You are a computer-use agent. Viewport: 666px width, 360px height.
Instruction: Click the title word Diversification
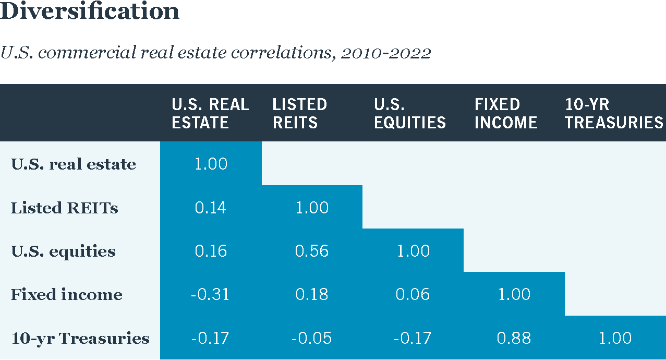click(90, 11)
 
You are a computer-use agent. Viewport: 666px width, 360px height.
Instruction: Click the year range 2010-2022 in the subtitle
click(385, 53)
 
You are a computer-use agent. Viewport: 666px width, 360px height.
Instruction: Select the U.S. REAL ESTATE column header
click(210, 113)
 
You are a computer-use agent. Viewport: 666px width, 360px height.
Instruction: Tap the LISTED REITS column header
click(299, 113)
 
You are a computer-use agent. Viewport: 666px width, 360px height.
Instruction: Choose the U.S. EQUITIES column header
click(410, 113)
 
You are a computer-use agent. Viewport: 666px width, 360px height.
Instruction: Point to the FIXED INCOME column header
click(505, 113)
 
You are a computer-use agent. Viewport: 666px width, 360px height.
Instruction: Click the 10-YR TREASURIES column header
click(614, 113)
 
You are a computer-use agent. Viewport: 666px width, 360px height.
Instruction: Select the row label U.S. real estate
click(73, 164)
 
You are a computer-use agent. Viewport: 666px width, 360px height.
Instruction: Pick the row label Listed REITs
click(65, 208)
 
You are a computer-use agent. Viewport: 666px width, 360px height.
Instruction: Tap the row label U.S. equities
click(63, 251)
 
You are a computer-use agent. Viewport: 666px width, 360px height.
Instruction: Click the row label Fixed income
click(67, 295)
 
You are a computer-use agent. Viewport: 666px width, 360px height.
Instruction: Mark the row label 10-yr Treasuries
click(80, 339)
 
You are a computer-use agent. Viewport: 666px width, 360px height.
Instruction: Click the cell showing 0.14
click(211, 208)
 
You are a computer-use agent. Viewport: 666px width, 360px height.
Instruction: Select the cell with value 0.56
click(312, 251)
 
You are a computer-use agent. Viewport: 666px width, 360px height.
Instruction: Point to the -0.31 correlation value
click(210, 295)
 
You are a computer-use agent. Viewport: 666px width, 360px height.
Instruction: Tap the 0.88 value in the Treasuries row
click(514, 339)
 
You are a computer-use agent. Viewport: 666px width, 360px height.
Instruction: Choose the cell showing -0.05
click(311, 339)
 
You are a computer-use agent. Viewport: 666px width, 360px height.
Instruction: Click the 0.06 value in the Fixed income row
click(413, 295)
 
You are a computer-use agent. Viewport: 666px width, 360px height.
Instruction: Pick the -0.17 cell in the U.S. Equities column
click(413, 339)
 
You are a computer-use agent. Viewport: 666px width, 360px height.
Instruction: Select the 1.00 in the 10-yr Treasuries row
click(615, 339)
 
